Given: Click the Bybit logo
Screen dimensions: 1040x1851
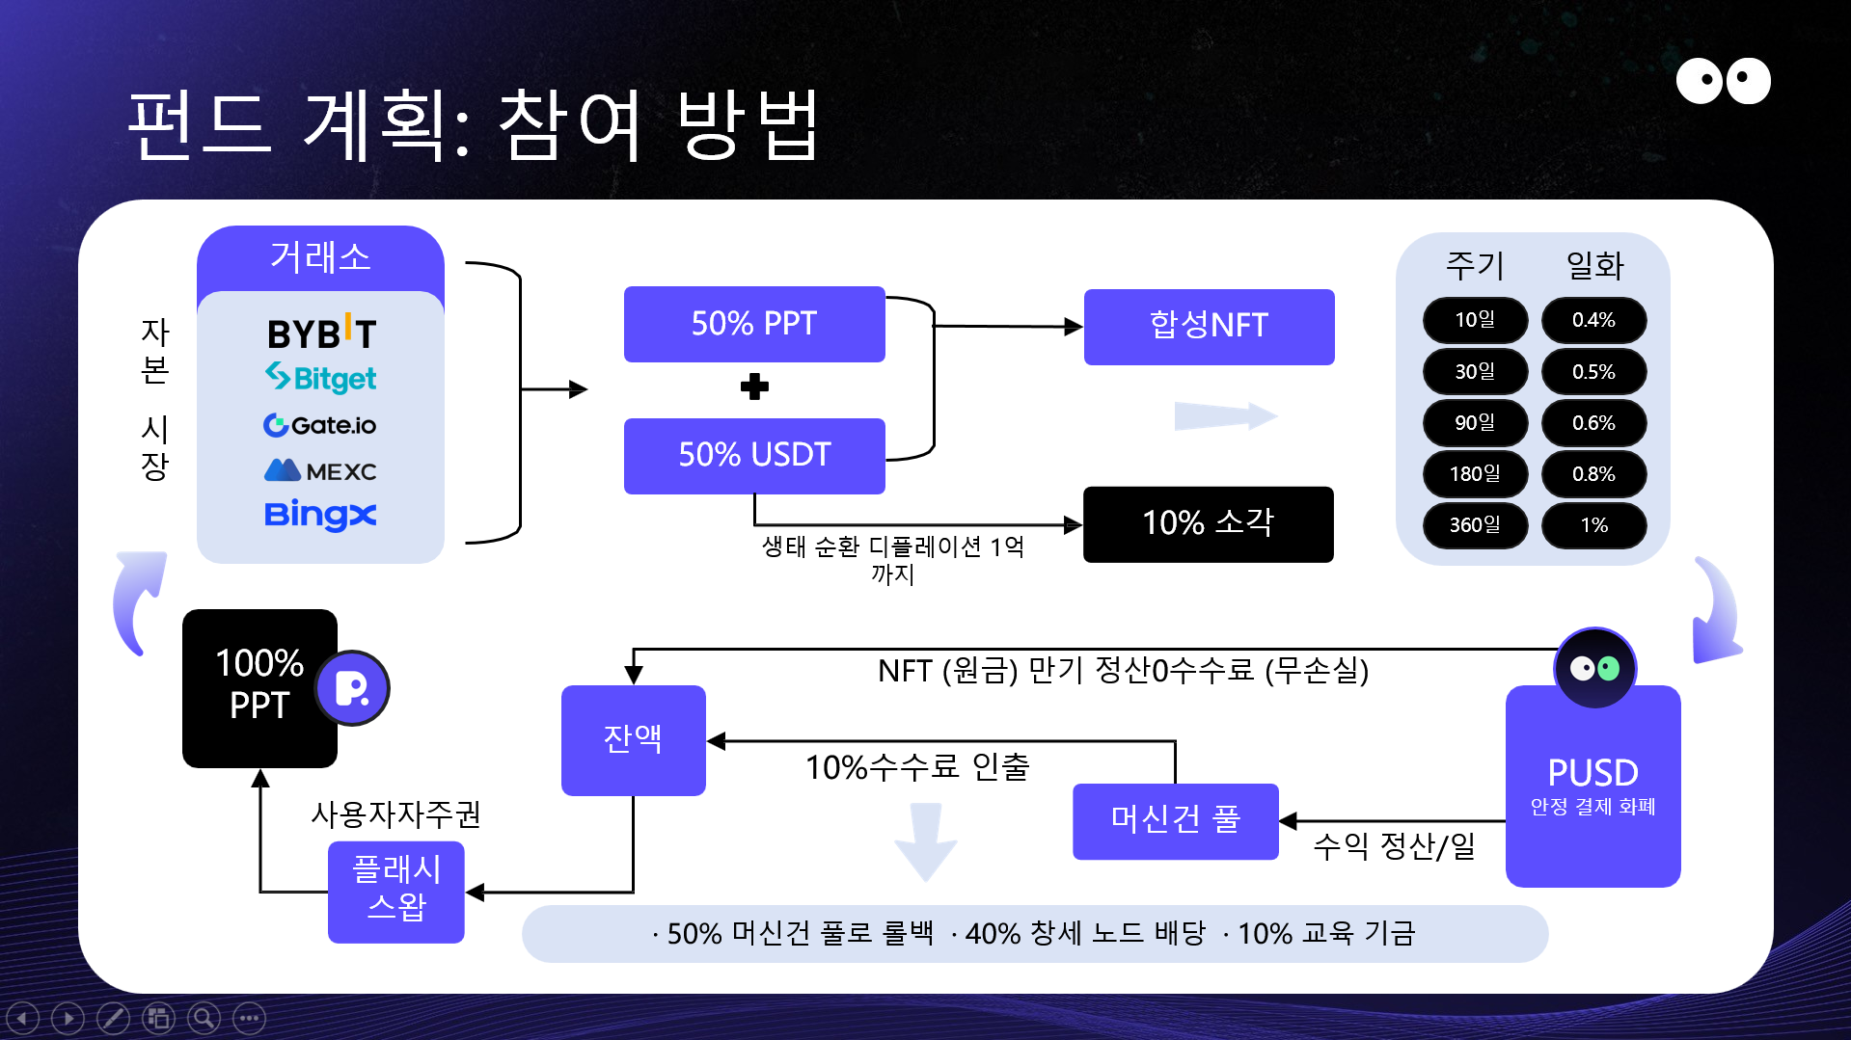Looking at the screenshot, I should tap(321, 333).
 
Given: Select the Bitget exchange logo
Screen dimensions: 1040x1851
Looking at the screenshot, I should tap(321, 378).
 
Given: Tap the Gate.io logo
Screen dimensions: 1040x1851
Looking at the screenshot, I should tap(320, 425).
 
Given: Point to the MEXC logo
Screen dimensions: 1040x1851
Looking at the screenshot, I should tap(320, 471).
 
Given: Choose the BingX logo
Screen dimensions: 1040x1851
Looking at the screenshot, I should tap(320, 515).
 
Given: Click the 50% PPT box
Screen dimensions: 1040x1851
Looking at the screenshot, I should tap(754, 324).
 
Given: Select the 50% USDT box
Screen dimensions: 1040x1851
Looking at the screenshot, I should tap(754, 455).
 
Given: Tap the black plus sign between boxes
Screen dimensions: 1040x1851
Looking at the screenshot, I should tap(754, 387).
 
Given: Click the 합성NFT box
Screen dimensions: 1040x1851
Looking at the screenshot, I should tap(1209, 327).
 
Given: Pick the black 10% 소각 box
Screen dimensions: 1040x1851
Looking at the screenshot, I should tap(1208, 523).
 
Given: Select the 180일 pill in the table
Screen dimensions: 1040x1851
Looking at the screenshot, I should tap(1475, 474).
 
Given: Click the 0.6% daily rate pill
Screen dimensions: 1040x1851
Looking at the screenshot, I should tap(1593, 423).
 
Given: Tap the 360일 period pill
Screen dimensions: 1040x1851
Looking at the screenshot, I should tap(1475, 525).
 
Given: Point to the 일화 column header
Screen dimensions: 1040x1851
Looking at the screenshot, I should tap(1594, 265).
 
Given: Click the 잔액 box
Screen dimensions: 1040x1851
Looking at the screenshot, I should tap(633, 739).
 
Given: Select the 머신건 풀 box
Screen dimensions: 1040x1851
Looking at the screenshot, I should tap(1175, 820).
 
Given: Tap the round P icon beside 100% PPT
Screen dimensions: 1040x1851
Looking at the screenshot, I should tap(352, 688).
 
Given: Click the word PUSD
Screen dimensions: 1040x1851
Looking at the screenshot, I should tap(1592, 773).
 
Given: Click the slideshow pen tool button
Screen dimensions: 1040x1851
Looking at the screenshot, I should tap(113, 1018).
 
